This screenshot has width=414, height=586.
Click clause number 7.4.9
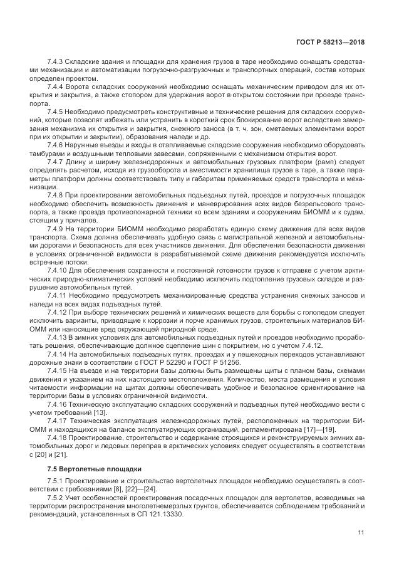[56, 230]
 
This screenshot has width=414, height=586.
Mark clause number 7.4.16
[58, 404]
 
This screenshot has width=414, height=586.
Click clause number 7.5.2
[56, 498]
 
